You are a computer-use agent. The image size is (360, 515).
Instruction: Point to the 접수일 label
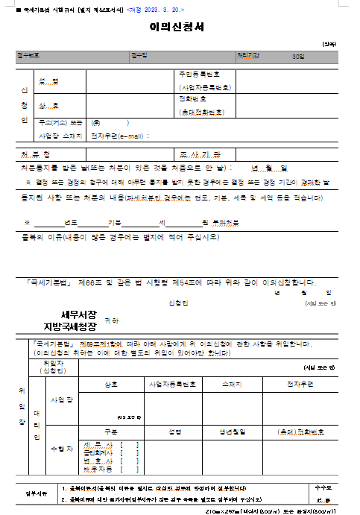point(139,56)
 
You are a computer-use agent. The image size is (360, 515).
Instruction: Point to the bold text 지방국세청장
point(70,326)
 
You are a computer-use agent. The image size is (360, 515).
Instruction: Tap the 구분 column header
point(111,432)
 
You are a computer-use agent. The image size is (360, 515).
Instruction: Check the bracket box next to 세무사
point(133,444)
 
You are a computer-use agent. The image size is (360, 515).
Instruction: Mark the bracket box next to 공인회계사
point(133,452)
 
